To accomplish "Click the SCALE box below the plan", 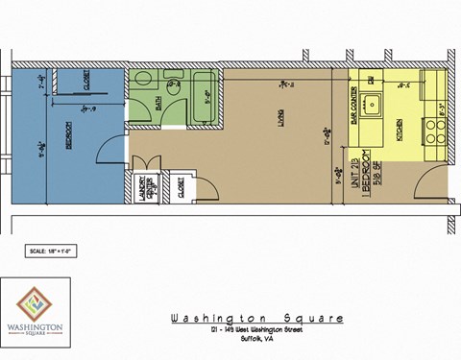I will pos(53,252).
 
